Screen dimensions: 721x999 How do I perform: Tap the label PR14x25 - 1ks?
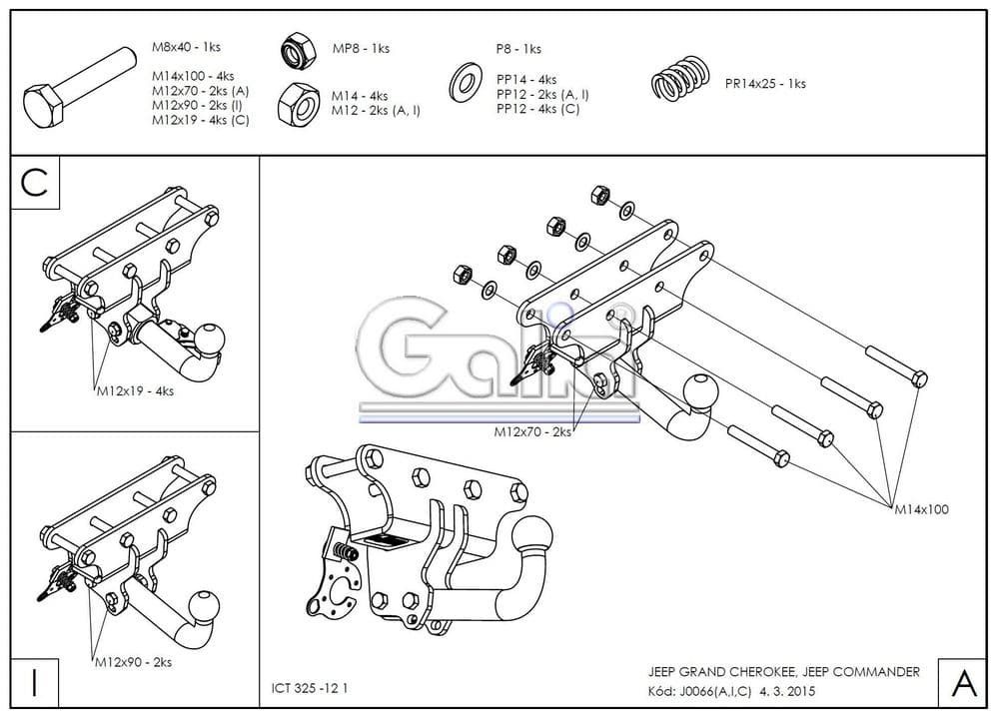(765, 84)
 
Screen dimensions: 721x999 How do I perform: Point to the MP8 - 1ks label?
(361, 49)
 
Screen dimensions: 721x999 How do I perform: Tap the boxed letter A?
(964, 683)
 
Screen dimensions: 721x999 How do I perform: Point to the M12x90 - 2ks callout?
(133, 662)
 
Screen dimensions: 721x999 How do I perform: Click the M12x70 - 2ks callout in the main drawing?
(532, 432)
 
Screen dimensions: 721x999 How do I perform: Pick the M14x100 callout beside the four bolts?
(921, 509)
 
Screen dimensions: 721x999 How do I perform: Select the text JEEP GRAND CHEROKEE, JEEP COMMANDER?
(784, 672)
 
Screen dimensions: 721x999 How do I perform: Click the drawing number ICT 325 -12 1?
(311, 688)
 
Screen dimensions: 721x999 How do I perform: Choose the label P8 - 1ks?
(518, 49)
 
